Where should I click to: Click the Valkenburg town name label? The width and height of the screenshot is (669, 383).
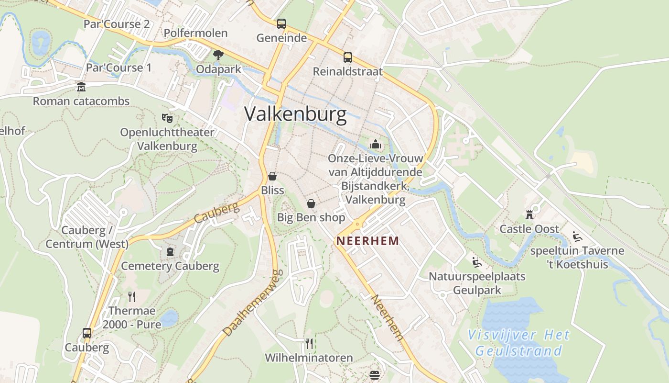coord(295,114)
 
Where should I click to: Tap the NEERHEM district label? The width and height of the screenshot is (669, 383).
coord(367,241)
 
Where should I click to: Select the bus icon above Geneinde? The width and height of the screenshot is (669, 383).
coord(281,23)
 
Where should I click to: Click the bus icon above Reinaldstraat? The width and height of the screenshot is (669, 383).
coord(347,57)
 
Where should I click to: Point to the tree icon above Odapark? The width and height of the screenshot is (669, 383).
coord(218,55)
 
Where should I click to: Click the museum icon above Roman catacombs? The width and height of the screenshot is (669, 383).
coord(81,87)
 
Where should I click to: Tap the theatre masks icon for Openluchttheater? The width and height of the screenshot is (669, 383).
coord(167,117)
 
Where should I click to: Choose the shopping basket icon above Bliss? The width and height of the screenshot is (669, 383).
coord(272,176)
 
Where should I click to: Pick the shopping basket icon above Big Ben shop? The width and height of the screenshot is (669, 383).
coord(311,203)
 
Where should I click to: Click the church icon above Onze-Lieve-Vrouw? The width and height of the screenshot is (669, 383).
coord(376,144)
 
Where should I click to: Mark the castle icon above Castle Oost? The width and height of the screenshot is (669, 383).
coord(529,214)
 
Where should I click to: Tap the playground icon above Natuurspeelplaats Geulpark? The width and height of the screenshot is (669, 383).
coord(476,262)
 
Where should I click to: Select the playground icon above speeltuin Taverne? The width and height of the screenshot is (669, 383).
coord(577,236)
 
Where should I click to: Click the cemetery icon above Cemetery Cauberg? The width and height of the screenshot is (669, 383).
coord(170,252)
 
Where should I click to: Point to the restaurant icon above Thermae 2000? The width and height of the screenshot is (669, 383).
coord(132,296)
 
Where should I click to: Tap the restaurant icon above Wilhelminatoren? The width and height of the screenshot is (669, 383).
coord(309,343)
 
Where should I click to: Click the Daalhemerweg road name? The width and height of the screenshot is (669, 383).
coord(250,303)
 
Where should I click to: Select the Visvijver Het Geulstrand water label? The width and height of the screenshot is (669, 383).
coord(518,343)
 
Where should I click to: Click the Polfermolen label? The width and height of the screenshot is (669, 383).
coord(195,33)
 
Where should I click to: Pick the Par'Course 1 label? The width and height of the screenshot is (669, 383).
coord(119,68)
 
